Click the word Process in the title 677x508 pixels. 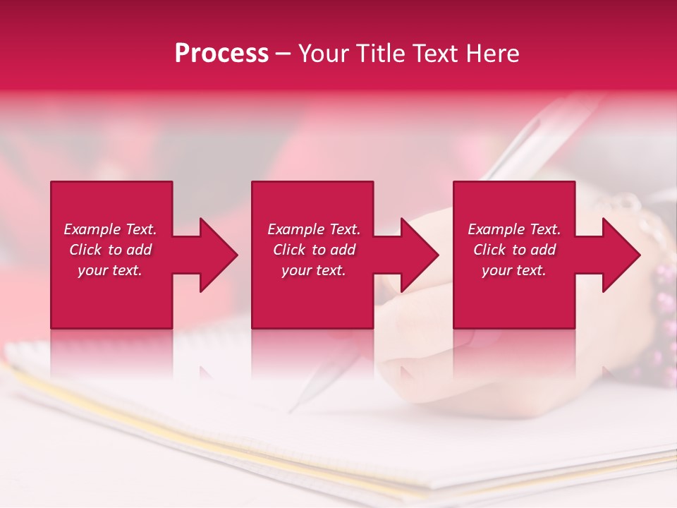221,54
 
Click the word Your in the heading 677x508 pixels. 323,54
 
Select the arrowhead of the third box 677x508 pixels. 621,255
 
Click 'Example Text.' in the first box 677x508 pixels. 110,229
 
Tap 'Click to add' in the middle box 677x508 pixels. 314,250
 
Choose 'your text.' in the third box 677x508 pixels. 513,270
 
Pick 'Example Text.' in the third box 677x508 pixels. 514,229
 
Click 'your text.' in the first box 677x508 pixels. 110,270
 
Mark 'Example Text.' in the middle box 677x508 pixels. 314,229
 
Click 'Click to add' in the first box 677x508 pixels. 110,250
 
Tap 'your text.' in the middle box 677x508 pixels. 314,270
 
